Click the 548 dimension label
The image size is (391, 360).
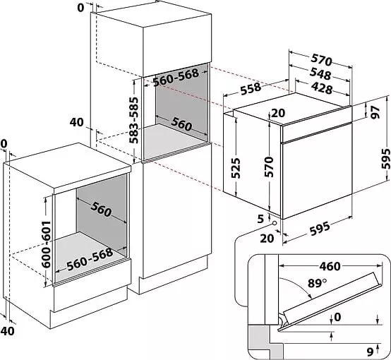(320, 74)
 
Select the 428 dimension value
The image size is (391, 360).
(322, 88)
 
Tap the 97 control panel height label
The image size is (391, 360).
(375, 112)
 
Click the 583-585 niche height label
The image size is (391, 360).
(133, 120)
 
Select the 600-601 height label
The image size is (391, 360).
(46, 244)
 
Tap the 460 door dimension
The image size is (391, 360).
(330, 266)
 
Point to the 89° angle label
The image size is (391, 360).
(317, 283)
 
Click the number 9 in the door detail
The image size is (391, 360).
(370, 352)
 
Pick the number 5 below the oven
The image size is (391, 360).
(260, 219)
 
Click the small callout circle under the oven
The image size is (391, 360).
(275, 223)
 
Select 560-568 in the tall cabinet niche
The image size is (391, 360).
(176, 77)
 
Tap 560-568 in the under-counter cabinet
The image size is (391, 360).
(90, 260)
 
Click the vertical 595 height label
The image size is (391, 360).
(385, 159)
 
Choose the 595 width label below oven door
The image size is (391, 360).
(320, 229)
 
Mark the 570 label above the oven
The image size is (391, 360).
(322, 60)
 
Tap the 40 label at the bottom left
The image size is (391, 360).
(8, 331)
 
